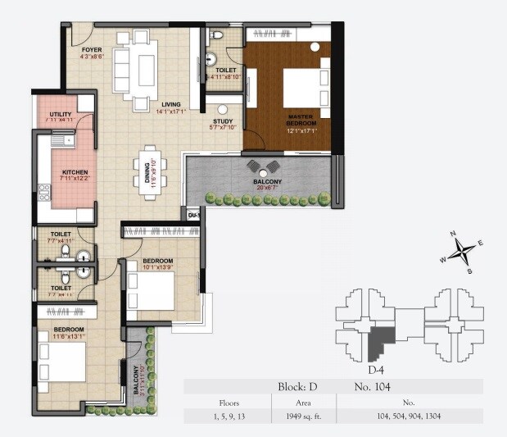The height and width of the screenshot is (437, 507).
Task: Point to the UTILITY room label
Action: point(61,114)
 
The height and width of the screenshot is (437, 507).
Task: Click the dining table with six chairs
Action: point(149,168)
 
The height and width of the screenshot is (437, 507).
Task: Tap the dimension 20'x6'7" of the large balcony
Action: point(267,187)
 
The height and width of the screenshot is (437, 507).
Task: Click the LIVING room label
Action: point(170,104)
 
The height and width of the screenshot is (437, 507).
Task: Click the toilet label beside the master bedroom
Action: point(225,71)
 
